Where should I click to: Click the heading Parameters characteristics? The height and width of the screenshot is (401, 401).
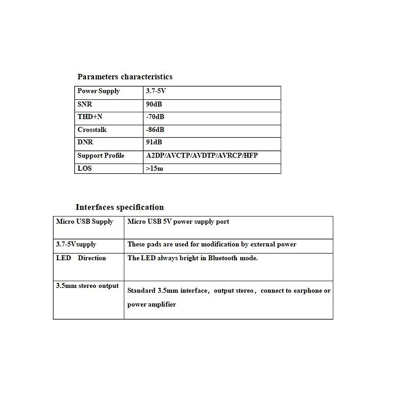click(125, 77)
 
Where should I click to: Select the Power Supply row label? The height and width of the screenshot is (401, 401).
click(99, 91)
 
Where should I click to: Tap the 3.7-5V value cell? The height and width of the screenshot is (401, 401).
click(156, 91)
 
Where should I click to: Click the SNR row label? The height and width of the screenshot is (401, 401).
click(85, 104)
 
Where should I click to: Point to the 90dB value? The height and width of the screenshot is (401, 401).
click(154, 104)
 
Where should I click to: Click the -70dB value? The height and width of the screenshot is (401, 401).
click(155, 117)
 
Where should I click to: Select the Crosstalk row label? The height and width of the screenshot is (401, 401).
click(92, 130)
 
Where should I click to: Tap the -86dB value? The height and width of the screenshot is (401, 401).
click(155, 130)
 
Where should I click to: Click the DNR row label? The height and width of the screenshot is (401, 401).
click(85, 142)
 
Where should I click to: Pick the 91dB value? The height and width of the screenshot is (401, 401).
click(154, 142)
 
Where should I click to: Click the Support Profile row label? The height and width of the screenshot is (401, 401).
click(101, 156)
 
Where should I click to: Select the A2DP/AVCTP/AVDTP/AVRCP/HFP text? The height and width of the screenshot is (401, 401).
click(202, 156)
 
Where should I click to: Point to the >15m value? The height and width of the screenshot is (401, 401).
click(155, 168)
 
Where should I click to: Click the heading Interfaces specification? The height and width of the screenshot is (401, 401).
click(119, 207)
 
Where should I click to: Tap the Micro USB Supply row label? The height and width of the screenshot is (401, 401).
click(85, 221)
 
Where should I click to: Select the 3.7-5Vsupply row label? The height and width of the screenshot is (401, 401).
click(76, 244)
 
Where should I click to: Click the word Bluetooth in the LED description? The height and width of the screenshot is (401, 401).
click(223, 258)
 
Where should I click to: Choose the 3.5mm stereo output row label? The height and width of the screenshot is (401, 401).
click(87, 286)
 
